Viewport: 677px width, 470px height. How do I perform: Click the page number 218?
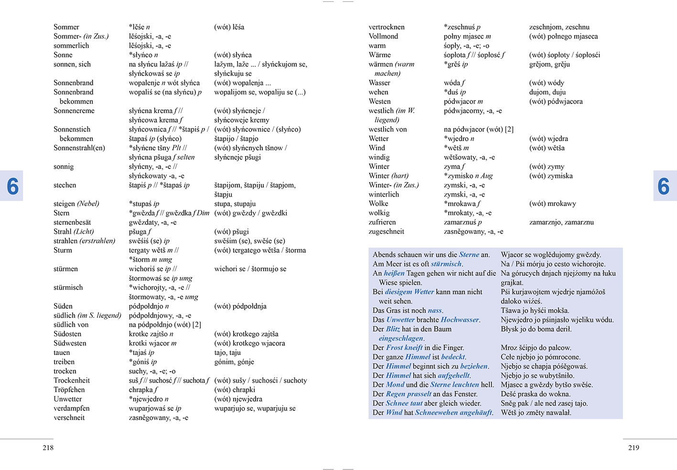[x=48, y=448]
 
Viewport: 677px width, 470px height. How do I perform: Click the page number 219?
[x=634, y=448]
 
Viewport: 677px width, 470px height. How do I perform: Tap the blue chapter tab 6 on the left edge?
[x=12, y=186]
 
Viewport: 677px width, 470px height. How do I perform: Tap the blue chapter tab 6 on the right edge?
[x=664, y=186]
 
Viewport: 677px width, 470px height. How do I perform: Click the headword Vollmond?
[x=383, y=36]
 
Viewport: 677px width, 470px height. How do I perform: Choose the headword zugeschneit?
[x=386, y=231]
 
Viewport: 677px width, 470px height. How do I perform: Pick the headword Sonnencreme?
[x=74, y=111]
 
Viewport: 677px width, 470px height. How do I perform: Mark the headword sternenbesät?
[x=72, y=222]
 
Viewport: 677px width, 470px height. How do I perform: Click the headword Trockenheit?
[x=71, y=380]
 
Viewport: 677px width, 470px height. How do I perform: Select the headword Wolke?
[x=378, y=204]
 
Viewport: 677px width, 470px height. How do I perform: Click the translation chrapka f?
[x=140, y=389]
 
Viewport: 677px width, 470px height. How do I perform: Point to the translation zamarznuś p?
[x=462, y=222]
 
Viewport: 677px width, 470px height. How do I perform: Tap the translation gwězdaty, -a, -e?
[x=152, y=222]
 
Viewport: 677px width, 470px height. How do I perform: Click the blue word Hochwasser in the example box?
[x=460, y=320]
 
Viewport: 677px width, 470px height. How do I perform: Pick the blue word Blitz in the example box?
[x=393, y=329]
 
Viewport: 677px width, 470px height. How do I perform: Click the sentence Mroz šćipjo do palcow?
[x=536, y=348]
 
